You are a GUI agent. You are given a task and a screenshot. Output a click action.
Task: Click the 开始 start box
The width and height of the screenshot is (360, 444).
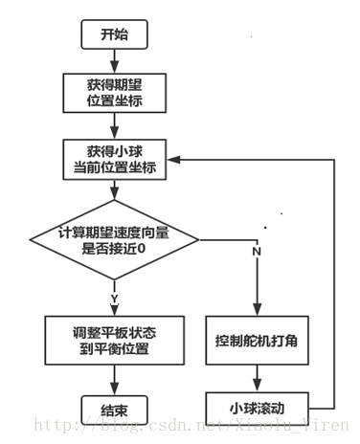(x=114, y=35)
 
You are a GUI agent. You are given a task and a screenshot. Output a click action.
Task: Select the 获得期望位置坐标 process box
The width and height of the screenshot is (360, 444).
(x=114, y=92)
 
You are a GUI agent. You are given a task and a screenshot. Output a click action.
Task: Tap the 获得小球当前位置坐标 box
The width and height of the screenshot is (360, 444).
(x=114, y=159)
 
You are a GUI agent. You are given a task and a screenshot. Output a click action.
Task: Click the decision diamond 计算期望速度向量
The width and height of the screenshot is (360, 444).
(x=114, y=238)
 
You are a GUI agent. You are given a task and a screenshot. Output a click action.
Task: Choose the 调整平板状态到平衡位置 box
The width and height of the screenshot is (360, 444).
(x=114, y=340)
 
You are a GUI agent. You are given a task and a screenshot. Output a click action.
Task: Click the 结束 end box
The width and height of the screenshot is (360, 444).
(x=114, y=409)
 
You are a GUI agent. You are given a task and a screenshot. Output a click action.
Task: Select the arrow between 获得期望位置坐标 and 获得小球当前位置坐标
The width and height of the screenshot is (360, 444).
(x=114, y=125)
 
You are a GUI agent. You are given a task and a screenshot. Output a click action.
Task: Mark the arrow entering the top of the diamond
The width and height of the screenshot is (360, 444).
(x=114, y=190)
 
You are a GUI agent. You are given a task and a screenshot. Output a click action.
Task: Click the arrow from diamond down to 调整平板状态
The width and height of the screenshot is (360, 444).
(x=114, y=301)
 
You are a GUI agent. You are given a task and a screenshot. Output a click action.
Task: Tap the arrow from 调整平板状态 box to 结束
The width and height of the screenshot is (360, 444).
(x=114, y=379)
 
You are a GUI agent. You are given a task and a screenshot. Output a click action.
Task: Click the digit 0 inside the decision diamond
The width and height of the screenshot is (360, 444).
(x=169, y=248)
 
